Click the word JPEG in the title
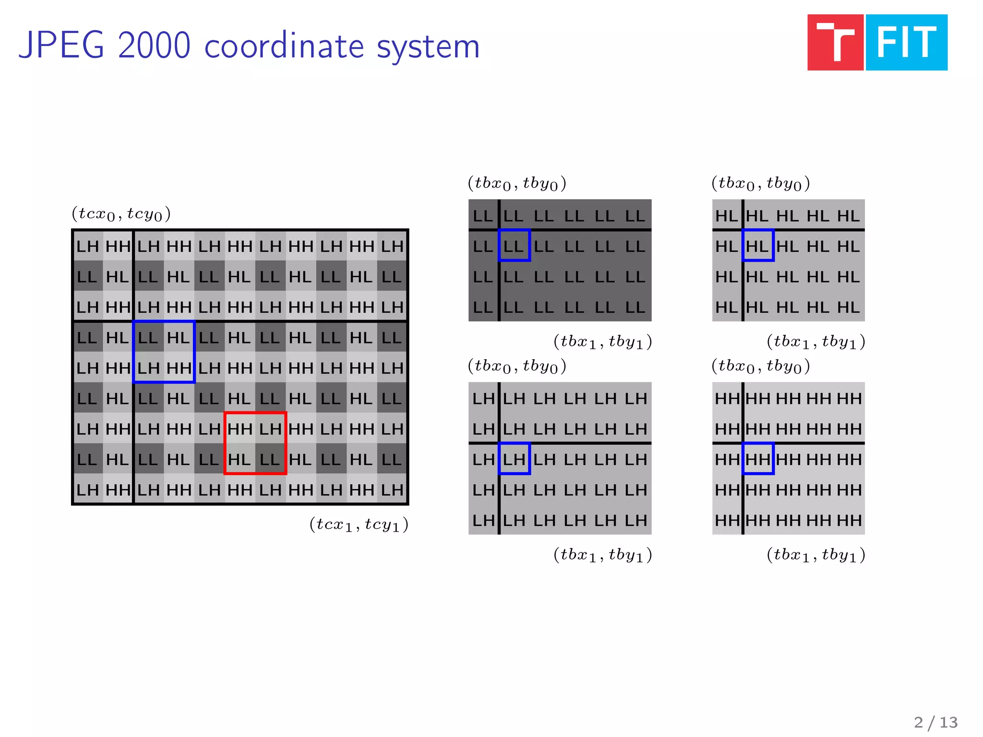pyautogui.click(x=61, y=46)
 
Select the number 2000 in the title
pyautogui.click(x=154, y=46)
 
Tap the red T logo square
pyautogui.click(x=835, y=42)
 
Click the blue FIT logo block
pyautogui.click(x=906, y=42)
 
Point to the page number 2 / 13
pyautogui.click(x=935, y=722)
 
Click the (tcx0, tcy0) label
pyautogui.click(x=121, y=214)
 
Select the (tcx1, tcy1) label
pyautogui.click(x=359, y=524)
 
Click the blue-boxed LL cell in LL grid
pyautogui.click(x=514, y=246)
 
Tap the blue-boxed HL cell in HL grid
pyautogui.click(x=757, y=246)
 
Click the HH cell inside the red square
pyautogui.click(x=240, y=428)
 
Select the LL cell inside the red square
pyautogui.click(x=270, y=459)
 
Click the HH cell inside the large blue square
pyautogui.click(x=179, y=368)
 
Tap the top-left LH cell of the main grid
pyautogui.click(x=87, y=246)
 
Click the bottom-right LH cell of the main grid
pyautogui.click(x=392, y=489)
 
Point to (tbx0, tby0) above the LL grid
pyautogui.click(x=517, y=183)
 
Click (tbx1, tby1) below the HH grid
pyautogui.click(x=816, y=555)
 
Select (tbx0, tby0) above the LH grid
pyautogui.click(x=517, y=366)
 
